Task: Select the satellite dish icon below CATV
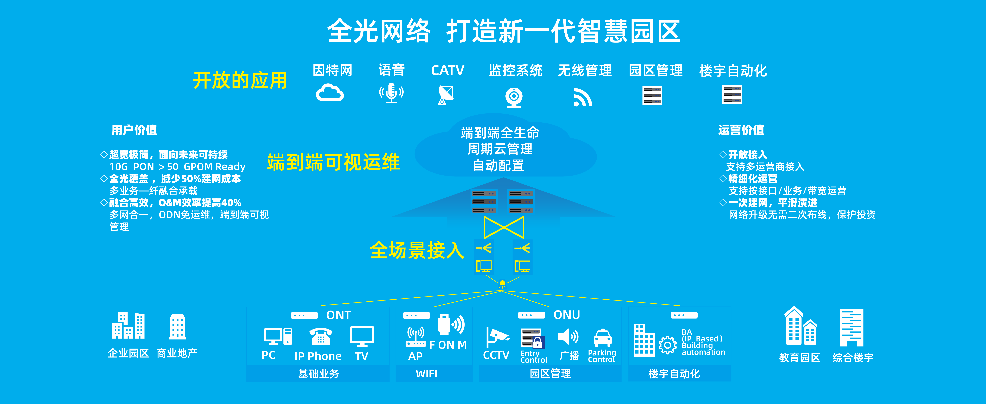tap(446, 95)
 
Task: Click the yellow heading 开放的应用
tap(240, 80)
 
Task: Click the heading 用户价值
tap(134, 130)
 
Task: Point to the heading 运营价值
tap(741, 130)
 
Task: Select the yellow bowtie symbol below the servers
tap(504, 227)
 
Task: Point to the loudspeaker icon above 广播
tap(568, 337)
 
